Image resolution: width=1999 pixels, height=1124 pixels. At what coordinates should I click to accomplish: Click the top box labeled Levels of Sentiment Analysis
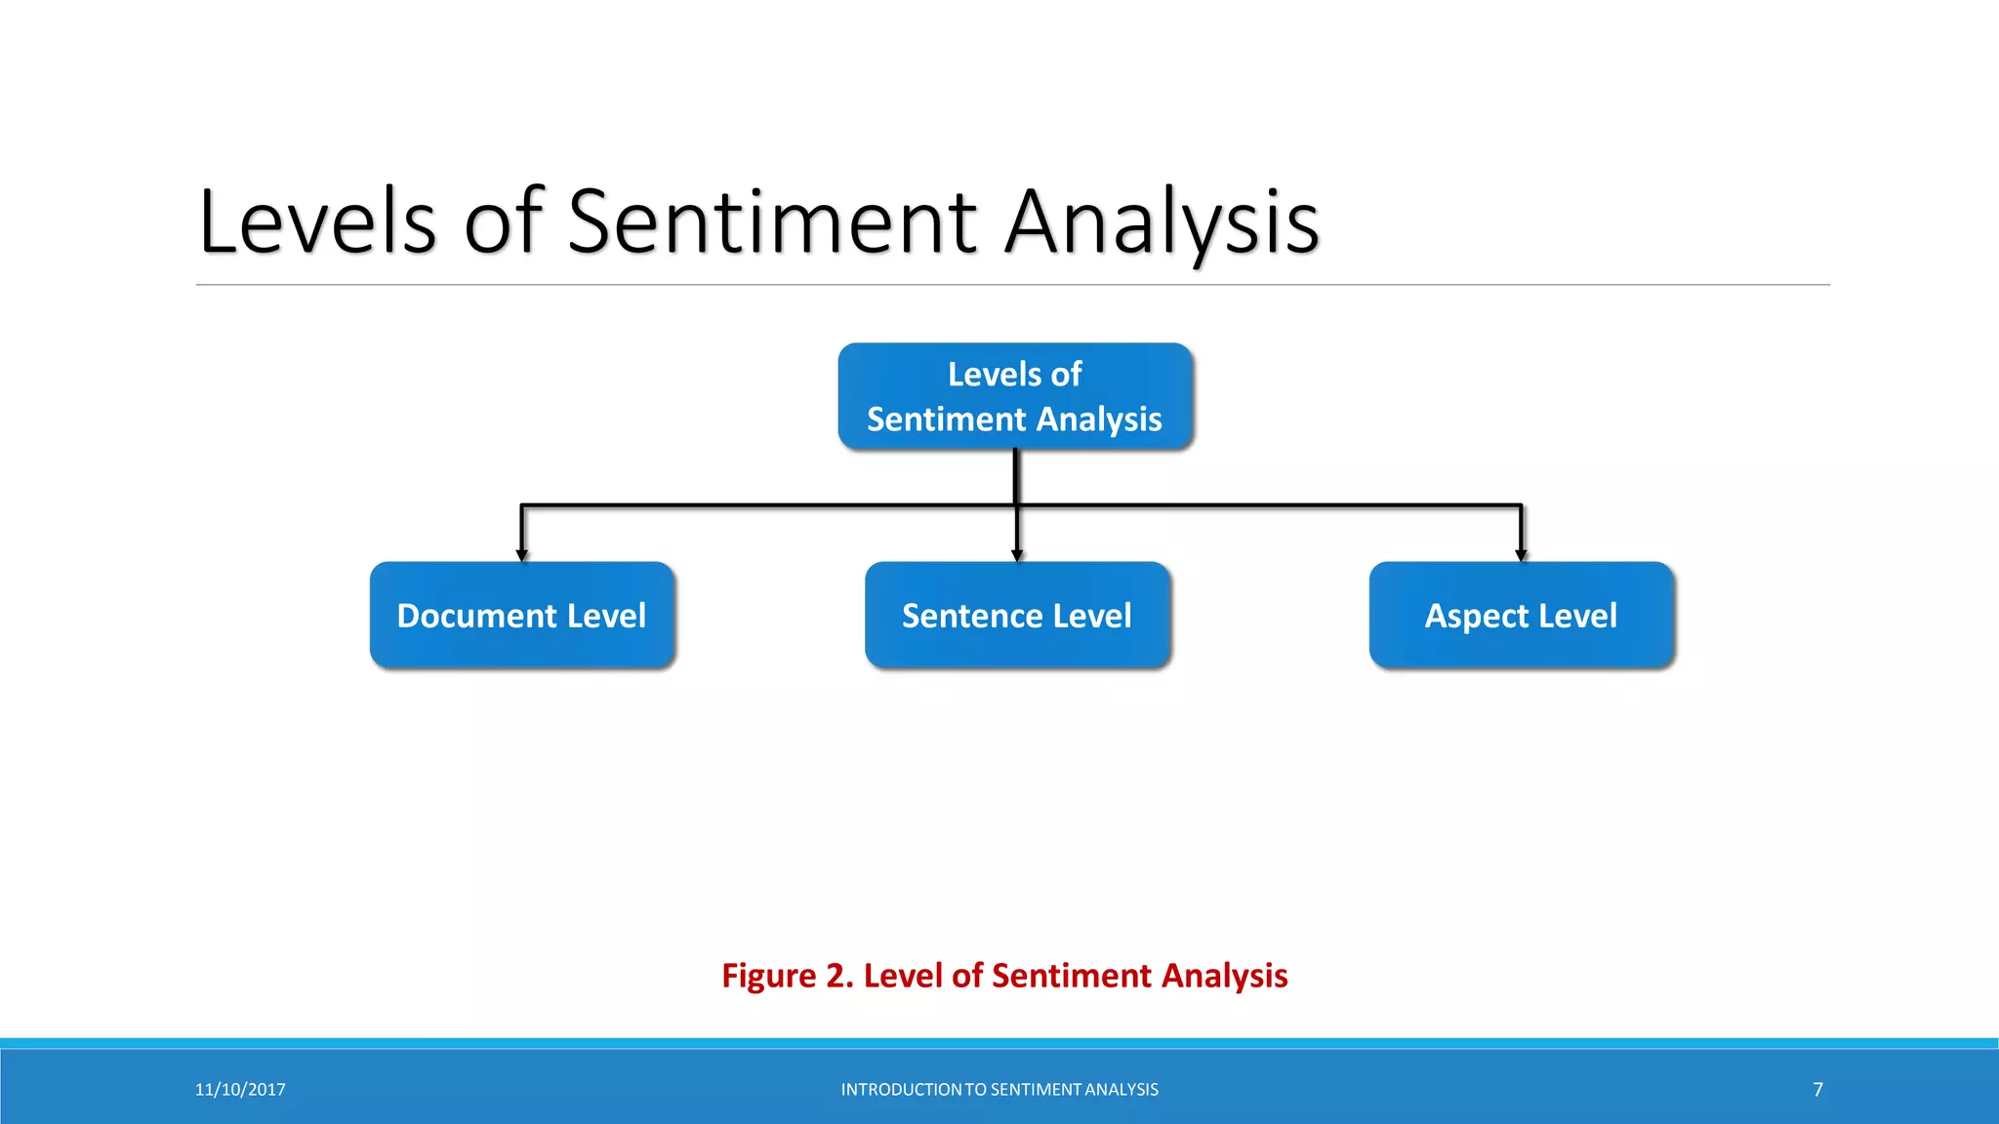(1015, 395)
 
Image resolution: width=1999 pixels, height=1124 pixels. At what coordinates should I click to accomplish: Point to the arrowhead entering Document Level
(522, 555)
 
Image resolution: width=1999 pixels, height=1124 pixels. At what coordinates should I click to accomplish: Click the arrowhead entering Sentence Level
(1017, 555)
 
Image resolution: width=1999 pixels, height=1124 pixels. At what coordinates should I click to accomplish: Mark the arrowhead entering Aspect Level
(1521, 555)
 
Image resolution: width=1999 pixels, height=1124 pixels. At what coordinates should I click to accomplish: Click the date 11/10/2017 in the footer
(240, 1090)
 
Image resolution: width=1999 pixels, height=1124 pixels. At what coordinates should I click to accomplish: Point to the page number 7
(1817, 1090)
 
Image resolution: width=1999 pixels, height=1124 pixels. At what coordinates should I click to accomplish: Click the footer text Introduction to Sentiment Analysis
(999, 1090)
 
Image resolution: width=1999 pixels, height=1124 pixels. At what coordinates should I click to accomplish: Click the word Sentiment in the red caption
(1071, 976)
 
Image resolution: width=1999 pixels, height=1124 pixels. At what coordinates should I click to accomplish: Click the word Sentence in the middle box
(972, 616)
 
